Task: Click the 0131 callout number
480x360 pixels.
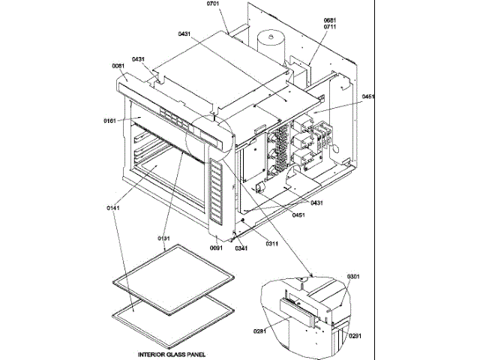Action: point(164,238)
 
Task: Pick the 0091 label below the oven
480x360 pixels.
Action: point(216,247)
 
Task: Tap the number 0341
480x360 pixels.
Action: point(241,247)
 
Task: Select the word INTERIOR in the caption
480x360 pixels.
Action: point(150,353)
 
